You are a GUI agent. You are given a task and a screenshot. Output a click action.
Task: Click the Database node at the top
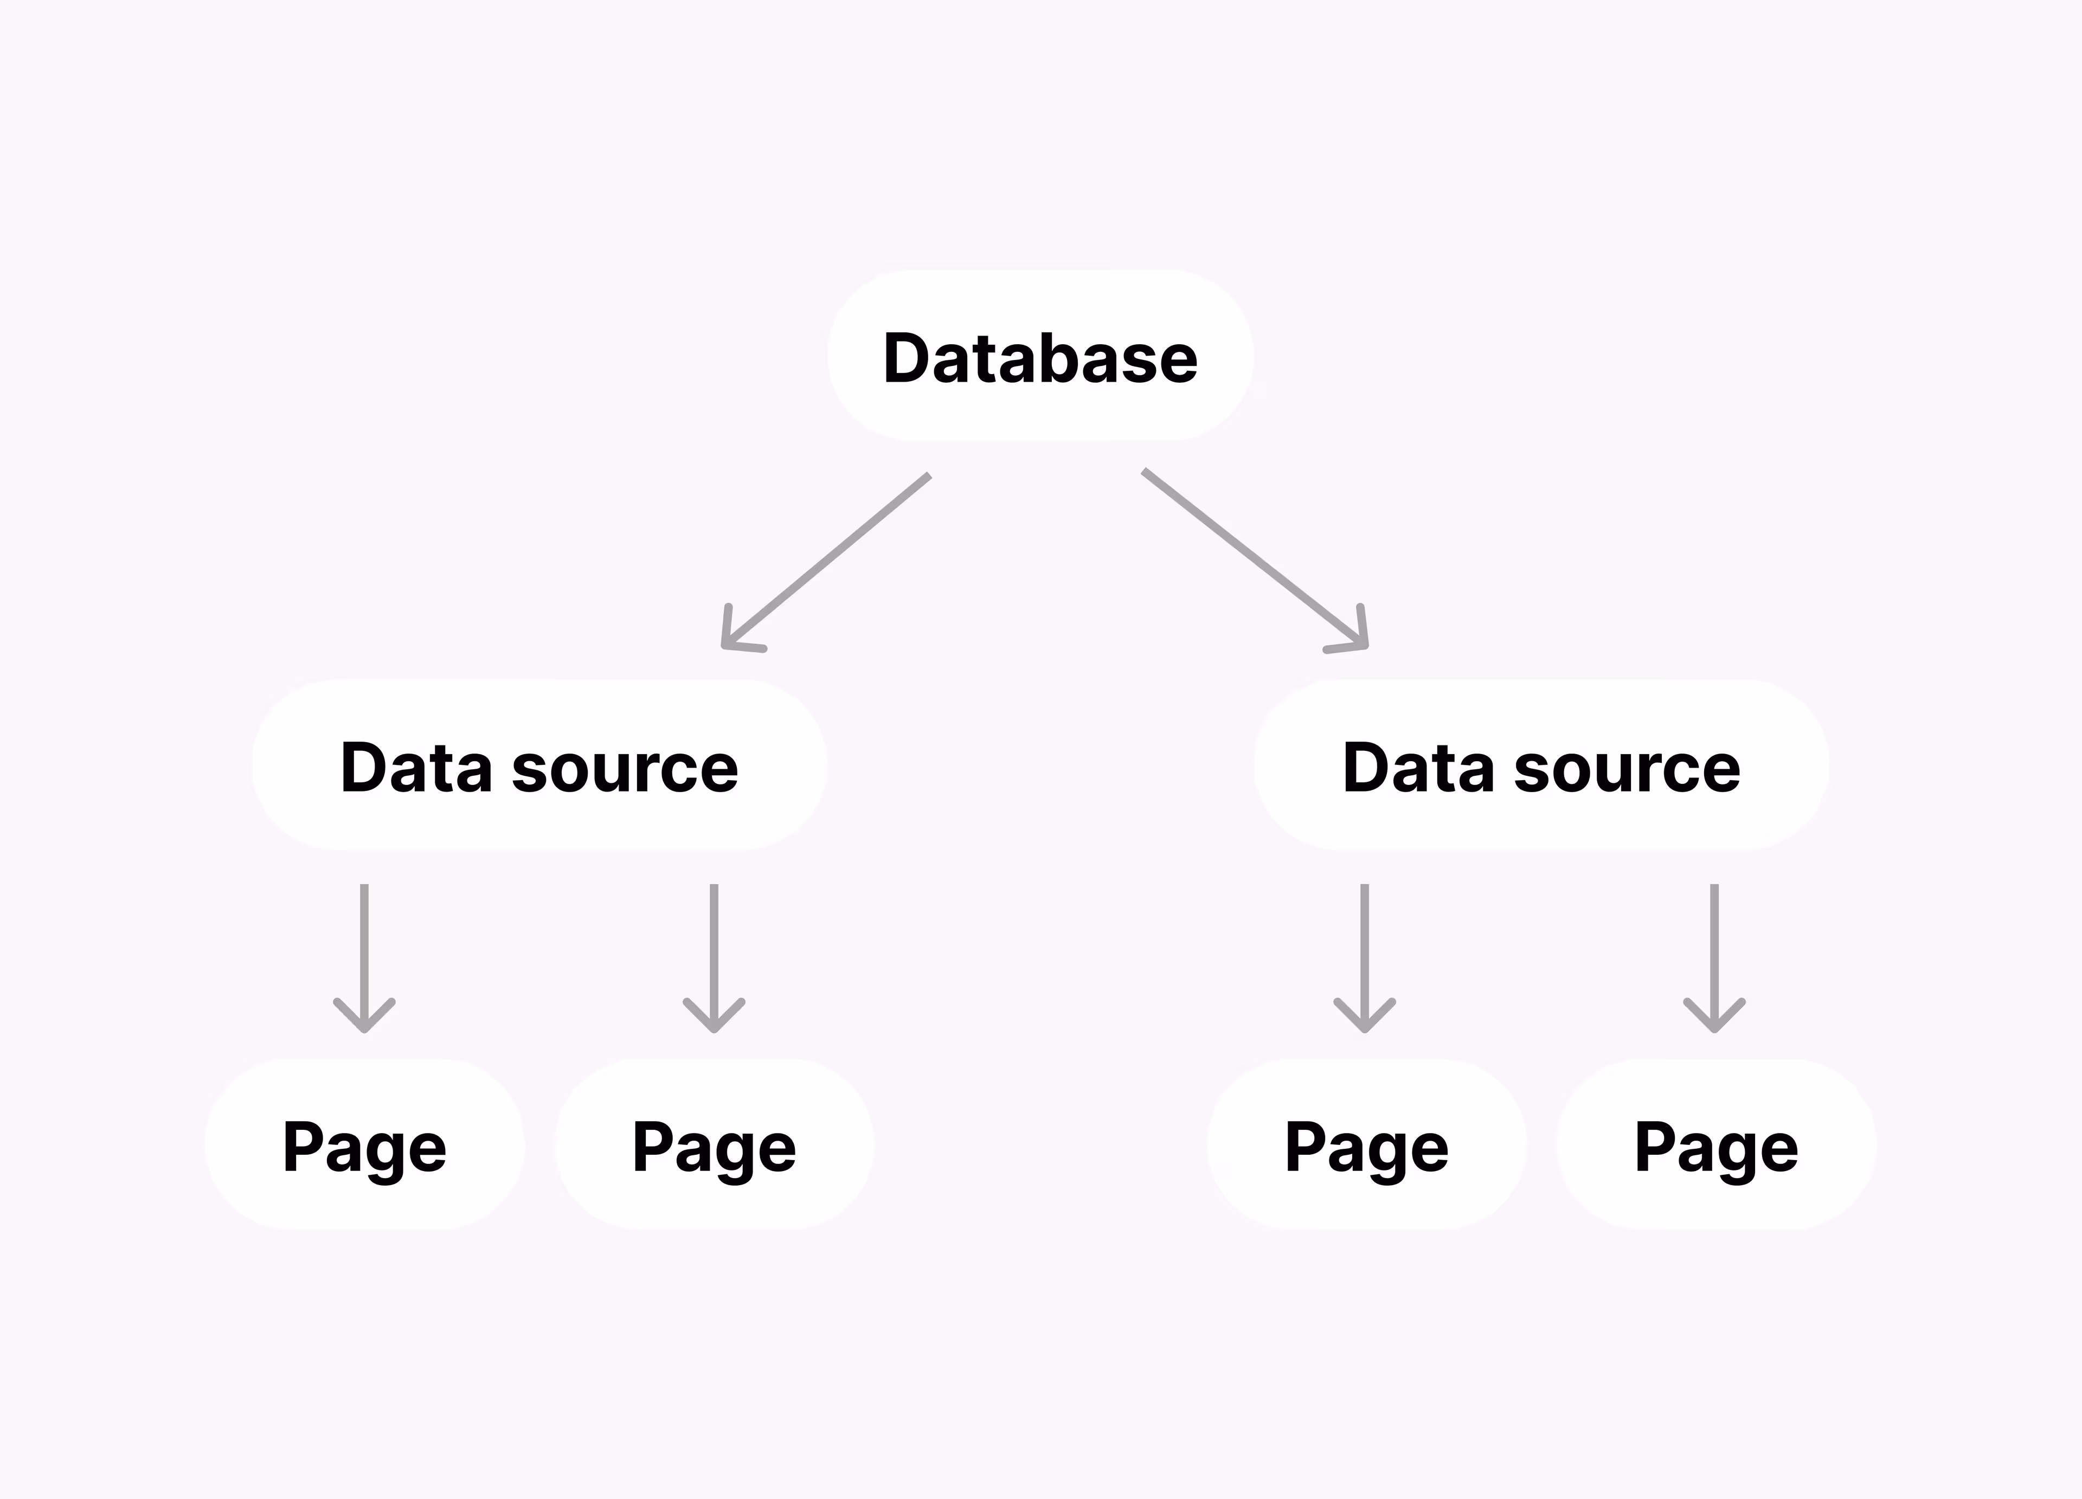pos(1040,356)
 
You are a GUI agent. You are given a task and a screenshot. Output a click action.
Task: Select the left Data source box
pos(539,765)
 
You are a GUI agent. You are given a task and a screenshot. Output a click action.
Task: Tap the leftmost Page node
pos(364,1146)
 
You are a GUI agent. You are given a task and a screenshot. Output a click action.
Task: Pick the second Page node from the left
pos(714,1146)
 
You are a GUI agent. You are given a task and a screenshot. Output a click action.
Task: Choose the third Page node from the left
pos(1366,1146)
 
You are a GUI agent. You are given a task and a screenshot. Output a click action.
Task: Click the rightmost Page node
pos(1715,1146)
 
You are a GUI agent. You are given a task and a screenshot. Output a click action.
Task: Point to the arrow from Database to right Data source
pos(1253,557)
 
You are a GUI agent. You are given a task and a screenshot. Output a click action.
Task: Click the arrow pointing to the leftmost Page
pos(364,955)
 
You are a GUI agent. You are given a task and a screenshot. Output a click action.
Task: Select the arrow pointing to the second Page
pos(714,955)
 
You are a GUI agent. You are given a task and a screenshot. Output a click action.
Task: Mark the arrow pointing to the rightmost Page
pos(1714,955)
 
